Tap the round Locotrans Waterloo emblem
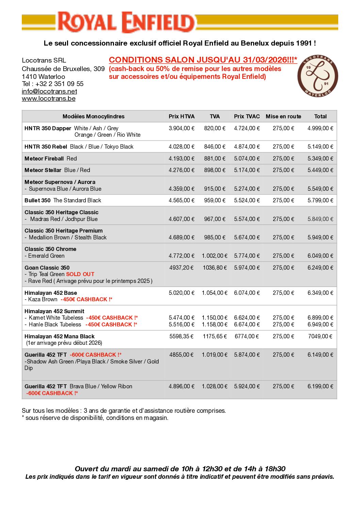317,76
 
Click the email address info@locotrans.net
49,91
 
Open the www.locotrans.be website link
49,99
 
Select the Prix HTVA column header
181,116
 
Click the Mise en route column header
283,116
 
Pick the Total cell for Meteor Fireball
320,158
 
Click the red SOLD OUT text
80,274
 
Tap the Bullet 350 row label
37,200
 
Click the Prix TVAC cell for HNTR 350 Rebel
247,147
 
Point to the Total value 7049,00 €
320,336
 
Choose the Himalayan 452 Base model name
51,293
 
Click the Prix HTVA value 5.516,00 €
181,324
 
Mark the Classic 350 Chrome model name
50,249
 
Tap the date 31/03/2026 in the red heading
265,60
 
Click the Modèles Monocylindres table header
93,116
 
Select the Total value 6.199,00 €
320,386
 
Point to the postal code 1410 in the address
29,77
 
